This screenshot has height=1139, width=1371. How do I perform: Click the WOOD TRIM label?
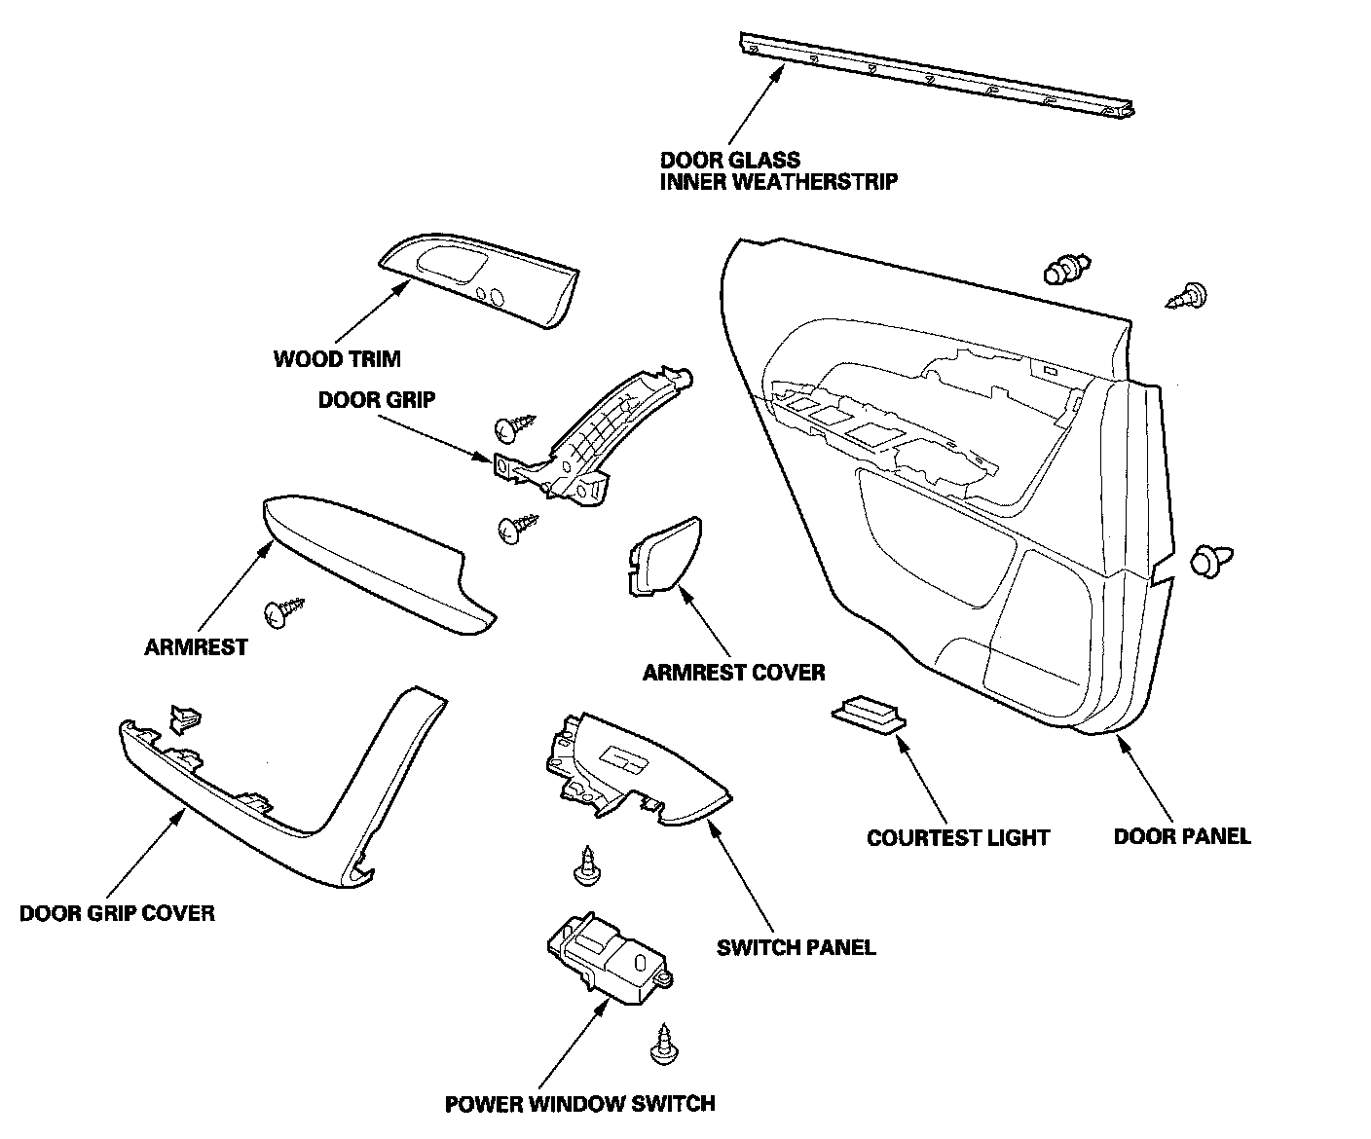click(337, 359)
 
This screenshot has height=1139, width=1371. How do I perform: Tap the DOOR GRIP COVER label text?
click(117, 913)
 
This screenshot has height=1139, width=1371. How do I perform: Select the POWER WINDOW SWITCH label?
click(579, 1103)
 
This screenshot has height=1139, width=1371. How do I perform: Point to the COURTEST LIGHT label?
click(958, 837)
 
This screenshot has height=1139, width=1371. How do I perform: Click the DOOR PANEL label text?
click(1181, 835)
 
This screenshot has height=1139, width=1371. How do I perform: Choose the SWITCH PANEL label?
click(796, 946)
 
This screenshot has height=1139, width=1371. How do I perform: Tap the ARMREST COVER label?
click(733, 672)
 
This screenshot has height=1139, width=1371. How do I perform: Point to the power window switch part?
click(607, 959)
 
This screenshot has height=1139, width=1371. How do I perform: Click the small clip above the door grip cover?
click(184, 718)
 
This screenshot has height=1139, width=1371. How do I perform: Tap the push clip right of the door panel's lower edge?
click(1208, 562)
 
